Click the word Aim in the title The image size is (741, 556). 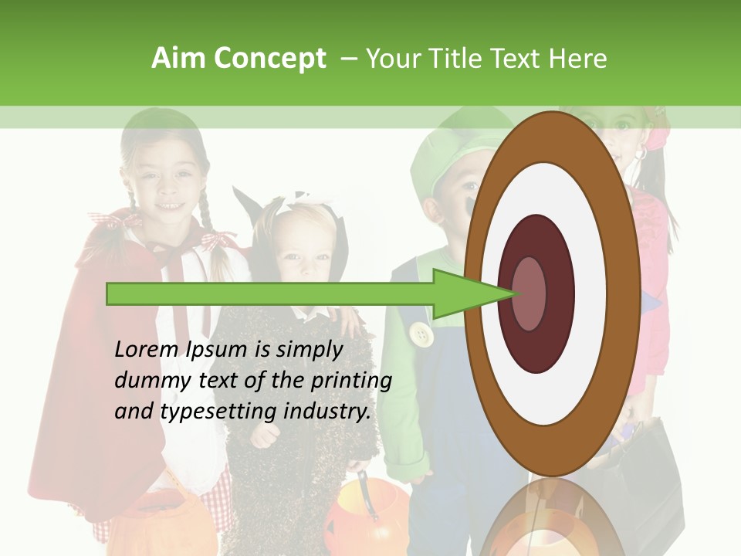[178, 59]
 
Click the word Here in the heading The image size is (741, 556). [577, 59]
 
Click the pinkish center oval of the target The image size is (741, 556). [529, 293]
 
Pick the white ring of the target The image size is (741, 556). [552, 386]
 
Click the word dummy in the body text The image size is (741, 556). [147, 380]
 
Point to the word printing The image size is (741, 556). [350, 381]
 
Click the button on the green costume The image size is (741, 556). [421, 334]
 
